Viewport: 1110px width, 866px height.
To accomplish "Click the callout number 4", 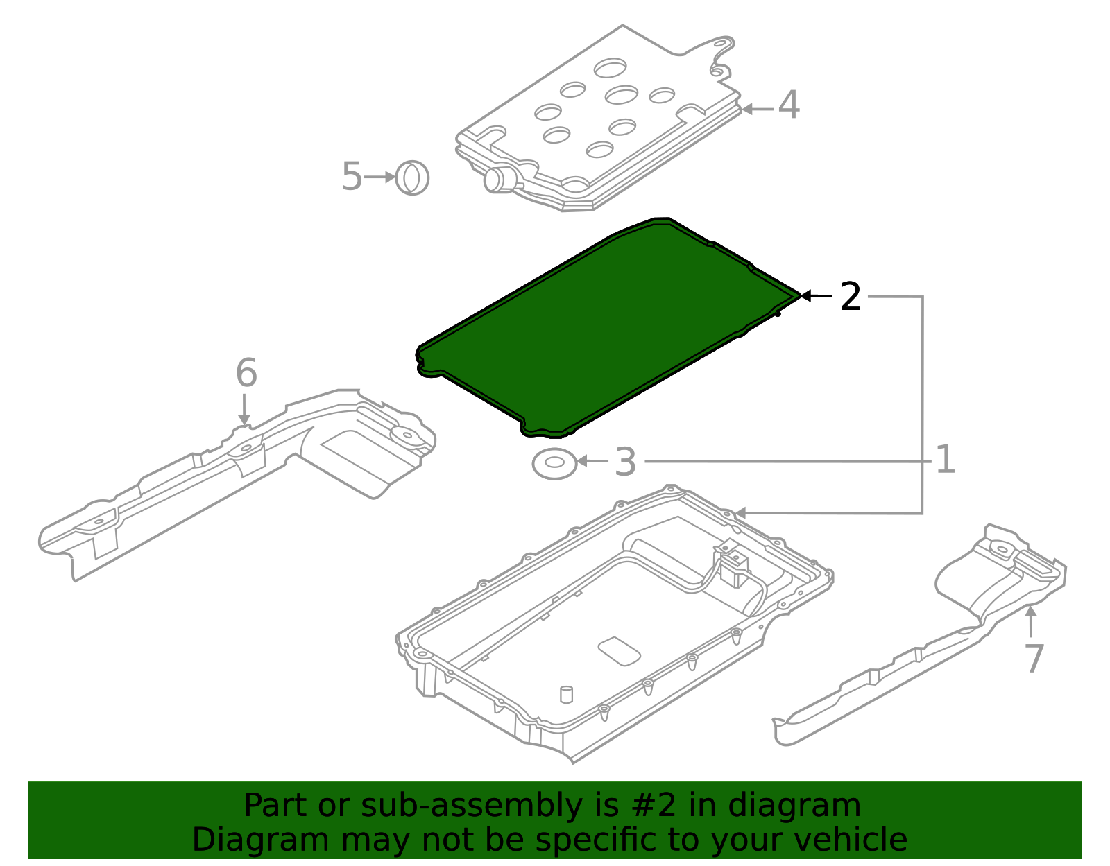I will click(x=789, y=106).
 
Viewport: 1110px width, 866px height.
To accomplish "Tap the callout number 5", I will click(x=352, y=177).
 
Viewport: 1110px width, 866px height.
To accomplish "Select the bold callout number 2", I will click(x=850, y=297).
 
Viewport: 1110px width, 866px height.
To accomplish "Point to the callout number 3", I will click(x=625, y=462).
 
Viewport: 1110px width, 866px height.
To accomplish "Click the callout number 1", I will click(x=945, y=460).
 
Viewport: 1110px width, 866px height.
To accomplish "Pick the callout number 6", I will click(x=246, y=373).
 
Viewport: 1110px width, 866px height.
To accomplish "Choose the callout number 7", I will click(x=1034, y=658).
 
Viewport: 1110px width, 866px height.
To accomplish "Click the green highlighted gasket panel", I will click(x=604, y=326).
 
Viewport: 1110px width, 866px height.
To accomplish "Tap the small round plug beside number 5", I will click(x=412, y=178).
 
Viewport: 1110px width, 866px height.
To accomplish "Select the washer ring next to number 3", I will click(x=554, y=463).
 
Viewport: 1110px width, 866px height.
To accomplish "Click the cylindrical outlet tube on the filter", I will click(x=498, y=180).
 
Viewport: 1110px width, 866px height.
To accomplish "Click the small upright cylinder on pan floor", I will click(x=566, y=694).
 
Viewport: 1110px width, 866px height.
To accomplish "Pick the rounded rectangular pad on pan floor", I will click(x=619, y=651).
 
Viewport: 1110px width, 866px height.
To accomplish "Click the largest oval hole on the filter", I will click(x=610, y=67).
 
